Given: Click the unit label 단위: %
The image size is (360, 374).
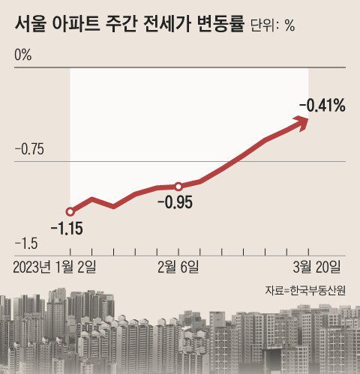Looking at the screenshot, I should click(x=271, y=25).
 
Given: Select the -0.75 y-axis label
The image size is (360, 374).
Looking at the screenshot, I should click(x=30, y=150).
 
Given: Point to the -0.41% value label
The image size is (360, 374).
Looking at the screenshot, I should click(x=322, y=106).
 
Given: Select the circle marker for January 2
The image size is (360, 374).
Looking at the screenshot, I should click(x=70, y=212).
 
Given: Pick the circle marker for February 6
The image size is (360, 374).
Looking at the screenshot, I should click(x=178, y=186).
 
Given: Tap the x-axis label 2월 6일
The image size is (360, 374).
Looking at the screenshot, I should click(x=178, y=266).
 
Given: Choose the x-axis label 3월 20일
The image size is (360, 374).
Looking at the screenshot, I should click(x=318, y=266).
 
